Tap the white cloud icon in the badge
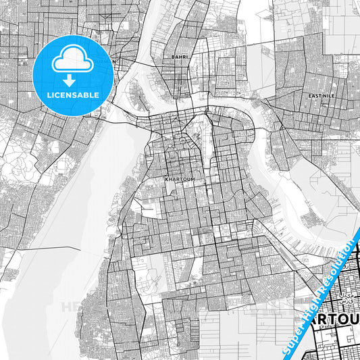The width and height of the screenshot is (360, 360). tap(72, 61)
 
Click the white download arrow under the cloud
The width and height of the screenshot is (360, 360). tap(72, 76)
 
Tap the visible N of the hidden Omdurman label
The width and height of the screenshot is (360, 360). tap(113, 61)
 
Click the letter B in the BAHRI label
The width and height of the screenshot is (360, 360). tap(174, 57)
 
